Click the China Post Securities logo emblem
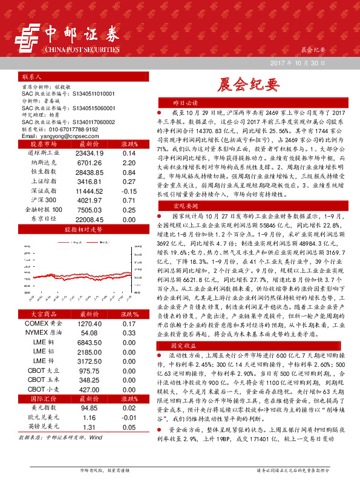point(28,35)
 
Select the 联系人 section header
point(31,77)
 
